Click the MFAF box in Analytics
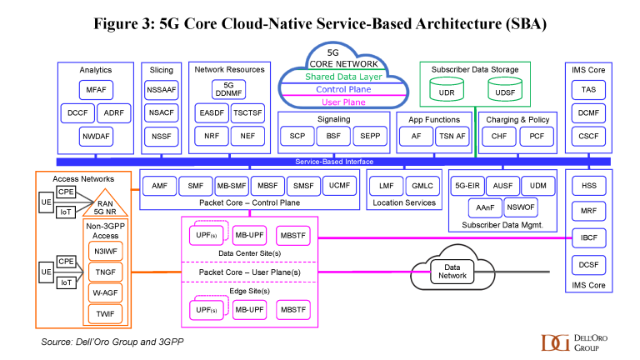point(95,89)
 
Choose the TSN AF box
point(451,135)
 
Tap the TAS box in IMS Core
point(588,89)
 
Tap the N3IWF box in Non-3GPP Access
point(104,248)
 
